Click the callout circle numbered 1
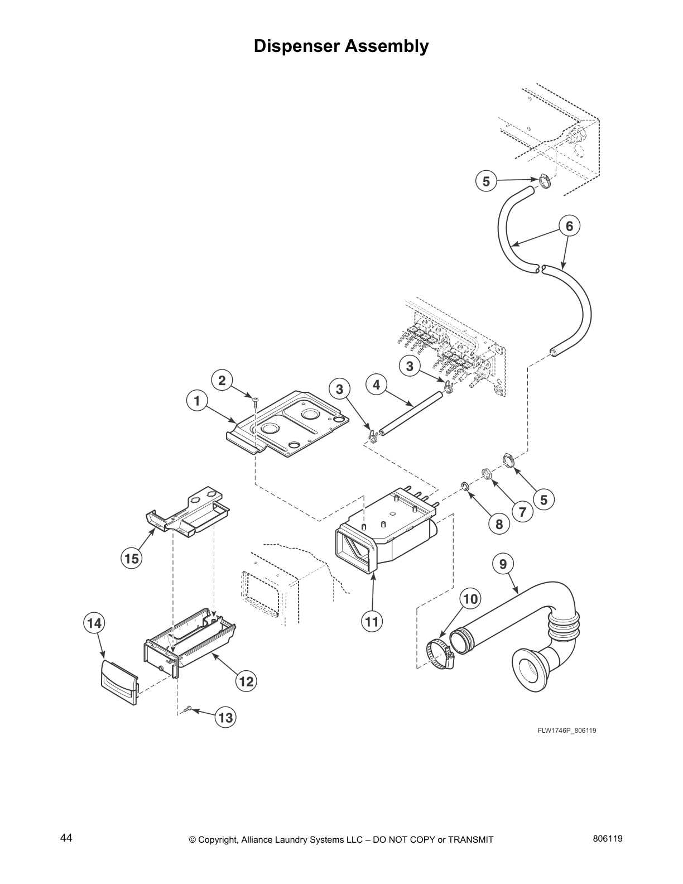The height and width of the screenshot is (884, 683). click(196, 401)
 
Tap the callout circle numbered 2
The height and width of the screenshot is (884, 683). click(222, 381)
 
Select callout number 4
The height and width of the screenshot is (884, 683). click(377, 385)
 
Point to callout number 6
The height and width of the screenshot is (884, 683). click(569, 226)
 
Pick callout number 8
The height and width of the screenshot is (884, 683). click(499, 524)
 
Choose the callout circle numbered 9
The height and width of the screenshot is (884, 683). click(503, 564)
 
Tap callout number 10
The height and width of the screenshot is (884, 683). click(470, 599)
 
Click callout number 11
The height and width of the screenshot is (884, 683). click(372, 621)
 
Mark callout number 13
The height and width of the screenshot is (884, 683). click(225, 718)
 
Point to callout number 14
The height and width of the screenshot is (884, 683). click(94, 622)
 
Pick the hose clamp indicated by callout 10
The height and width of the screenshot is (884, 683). click(439, 653)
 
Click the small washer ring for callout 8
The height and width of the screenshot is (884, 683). click(465, 488)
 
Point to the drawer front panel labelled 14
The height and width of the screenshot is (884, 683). click(119, 681)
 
